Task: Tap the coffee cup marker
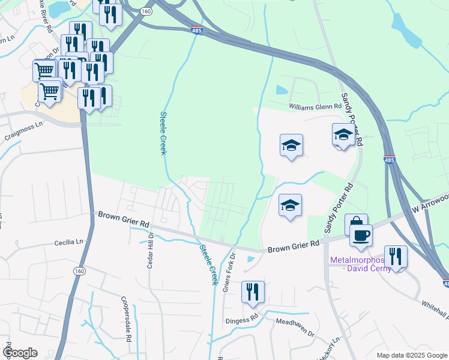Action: tap(361, 235)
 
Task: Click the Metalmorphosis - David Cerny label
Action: tap(360, 264)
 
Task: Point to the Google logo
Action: tap(20, 353)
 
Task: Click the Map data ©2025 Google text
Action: tap(411, 355)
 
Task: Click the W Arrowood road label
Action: tap(430, 202)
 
